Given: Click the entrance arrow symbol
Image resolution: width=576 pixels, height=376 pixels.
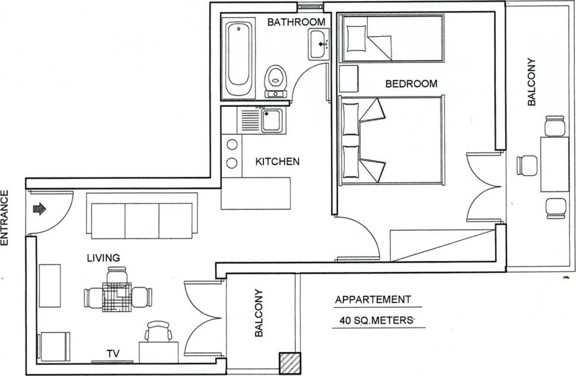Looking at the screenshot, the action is pyautogui.click(x=40, y=209).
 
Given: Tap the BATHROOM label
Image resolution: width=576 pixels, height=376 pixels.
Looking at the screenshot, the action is pyautogui.click(x=296, y=22).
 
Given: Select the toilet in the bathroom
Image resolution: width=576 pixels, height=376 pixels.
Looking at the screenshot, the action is pyautogui.click(x=276, y=81).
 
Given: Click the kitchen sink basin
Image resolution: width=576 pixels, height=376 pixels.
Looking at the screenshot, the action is pyautogui.click(x=272, y=120).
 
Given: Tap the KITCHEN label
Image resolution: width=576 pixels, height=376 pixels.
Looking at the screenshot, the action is pyautogui.click(x=277, y=161).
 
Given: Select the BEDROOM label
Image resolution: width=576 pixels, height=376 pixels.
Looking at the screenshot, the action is pyautogui.click(x=411, y=84).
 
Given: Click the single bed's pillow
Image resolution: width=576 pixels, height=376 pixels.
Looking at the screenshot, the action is pyautogui.click(x=356, y=38).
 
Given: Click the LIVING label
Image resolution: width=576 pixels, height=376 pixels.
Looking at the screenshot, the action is pyautogui.click(x=103, y=258).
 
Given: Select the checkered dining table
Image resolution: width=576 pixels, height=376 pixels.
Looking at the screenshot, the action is pyautogui.click(x=117, y=297).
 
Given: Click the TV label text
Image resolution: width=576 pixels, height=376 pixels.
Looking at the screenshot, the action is pyautogui.click(x=113, y=354).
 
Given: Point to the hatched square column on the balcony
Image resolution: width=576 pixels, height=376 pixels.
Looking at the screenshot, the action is pyautogui.click(x=290, y=363).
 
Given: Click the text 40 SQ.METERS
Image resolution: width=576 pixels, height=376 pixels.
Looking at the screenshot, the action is pyautogui.click(x=376, y=321).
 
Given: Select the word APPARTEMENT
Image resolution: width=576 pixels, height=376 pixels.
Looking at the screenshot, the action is pyautogui.click(x=373, y=300).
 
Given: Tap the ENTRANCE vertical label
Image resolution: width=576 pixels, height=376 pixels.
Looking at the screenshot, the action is pyautogui.click(x=5, y=217).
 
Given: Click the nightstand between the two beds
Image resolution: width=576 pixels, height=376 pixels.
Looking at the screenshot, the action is pyautogui.click(x=349, y=79).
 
